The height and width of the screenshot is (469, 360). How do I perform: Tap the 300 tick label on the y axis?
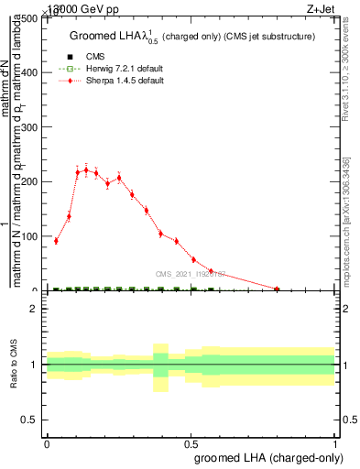(x=31, y=127)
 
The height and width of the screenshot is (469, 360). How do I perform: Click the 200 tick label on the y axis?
(x=31, y=181)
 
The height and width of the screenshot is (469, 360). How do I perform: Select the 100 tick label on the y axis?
(x=31, y=236)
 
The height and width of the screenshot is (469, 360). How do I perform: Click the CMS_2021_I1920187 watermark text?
(x=190, y=273)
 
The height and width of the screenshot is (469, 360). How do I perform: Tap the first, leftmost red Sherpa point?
(x=56, y=241)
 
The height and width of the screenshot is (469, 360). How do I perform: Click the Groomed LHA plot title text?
(x=192, y=37)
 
